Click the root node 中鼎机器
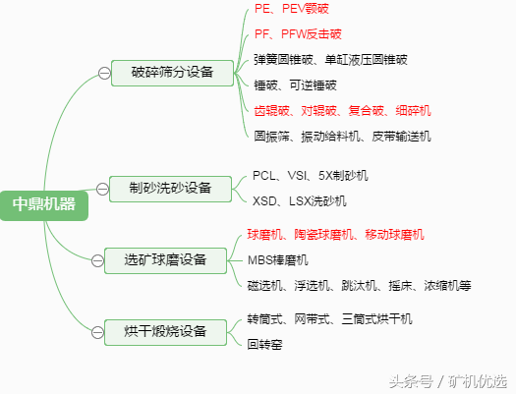(44, 204)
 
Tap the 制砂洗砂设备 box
(171, 187)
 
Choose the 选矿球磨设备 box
(165, 259)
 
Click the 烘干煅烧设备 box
(165, 331)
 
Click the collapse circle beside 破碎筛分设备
(104, 72)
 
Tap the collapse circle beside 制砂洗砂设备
(103, 187)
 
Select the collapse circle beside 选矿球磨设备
(98, 259)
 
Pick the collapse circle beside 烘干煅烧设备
(98, 332)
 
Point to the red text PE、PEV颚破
(291, 8)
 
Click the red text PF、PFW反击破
(298, 34)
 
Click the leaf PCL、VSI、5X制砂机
(311, 175)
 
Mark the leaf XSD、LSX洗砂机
(300, 200)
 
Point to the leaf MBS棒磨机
(278, 259)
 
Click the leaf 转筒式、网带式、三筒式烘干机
(330, 318)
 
